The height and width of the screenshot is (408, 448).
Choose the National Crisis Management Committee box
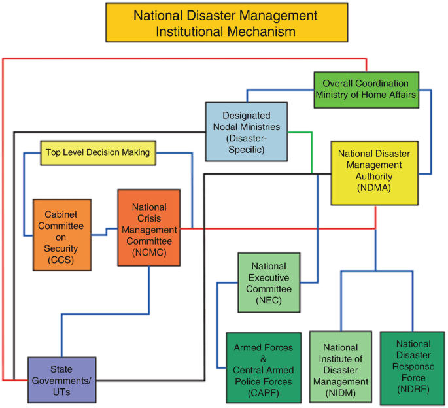148,228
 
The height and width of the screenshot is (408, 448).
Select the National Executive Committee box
269,282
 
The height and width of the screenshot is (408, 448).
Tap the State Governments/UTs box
62,379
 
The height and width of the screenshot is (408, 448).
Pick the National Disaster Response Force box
412,366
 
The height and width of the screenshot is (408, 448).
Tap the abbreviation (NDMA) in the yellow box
374,188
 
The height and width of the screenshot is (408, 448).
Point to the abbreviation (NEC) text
269,299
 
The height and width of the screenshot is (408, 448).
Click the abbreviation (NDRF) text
412,390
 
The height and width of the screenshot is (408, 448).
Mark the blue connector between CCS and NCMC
107,231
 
